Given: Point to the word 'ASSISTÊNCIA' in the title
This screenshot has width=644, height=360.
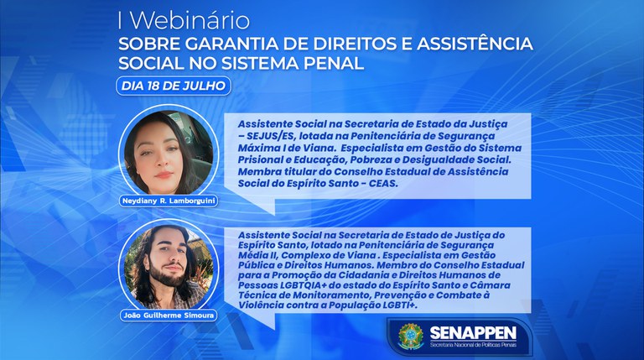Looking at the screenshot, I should coord(471,43).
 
